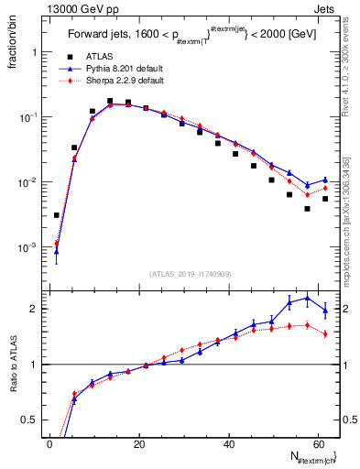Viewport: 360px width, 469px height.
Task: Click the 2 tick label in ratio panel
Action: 31,309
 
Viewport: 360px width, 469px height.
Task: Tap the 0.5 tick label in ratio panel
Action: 27,420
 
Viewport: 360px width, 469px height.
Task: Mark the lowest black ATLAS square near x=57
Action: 307,209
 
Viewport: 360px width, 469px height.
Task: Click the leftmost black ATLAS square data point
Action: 57,215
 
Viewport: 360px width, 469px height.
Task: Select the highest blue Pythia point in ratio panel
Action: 307,298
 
